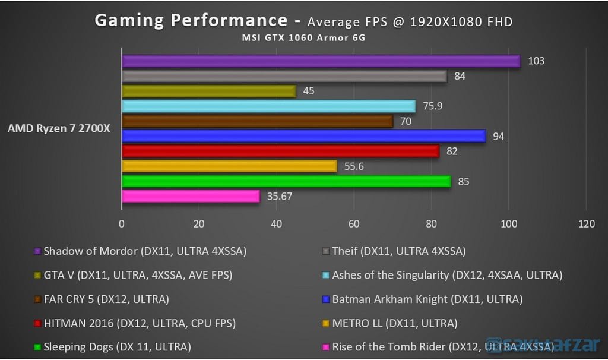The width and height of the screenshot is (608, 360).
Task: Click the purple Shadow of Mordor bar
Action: click(321, 61)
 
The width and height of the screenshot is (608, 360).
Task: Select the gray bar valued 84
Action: click(284, 76)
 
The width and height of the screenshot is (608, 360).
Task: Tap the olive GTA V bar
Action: click(208, 91)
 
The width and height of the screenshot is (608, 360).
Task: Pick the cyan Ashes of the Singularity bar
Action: click(268, 106)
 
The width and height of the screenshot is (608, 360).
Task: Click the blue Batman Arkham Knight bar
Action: click(303, 136)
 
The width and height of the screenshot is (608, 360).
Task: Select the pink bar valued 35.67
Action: click(191, 196)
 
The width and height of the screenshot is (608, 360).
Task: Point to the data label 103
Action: click(536, 61)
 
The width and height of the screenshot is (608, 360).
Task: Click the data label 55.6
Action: click(354, 166)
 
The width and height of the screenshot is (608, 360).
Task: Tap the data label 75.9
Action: click(432, 106)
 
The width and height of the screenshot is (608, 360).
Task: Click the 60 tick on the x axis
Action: click(354, 224)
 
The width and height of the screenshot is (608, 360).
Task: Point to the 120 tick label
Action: click(586, 224)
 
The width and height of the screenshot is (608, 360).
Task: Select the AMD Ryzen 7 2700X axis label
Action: click(59, 129)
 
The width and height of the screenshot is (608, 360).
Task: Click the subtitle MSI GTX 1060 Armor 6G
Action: click(303, 37)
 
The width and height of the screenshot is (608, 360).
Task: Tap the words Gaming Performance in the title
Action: click(191, 20)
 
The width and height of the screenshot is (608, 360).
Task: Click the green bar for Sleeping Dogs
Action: click(286, 181)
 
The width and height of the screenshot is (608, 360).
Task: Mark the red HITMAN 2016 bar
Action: click(280, 151)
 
